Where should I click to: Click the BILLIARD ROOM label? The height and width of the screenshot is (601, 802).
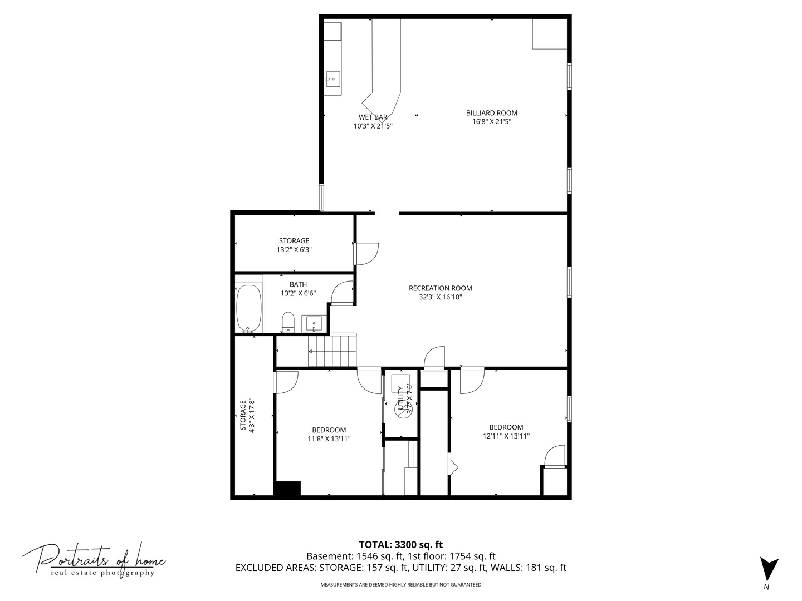point(491,113)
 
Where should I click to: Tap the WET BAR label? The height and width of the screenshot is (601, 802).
point(373,117)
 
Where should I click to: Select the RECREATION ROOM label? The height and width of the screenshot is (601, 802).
point(440,288)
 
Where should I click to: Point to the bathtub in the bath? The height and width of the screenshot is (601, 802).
point(248,309)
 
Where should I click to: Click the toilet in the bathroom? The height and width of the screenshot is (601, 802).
point(287,322)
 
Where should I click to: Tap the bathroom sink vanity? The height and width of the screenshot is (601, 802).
point(314,323)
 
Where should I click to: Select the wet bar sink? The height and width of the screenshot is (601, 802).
point(333,79)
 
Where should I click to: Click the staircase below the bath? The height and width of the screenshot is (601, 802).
point(332,351)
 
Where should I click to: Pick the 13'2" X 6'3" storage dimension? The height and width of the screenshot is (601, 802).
point(294,250)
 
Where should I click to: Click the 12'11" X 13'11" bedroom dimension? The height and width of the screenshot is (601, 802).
point(506,436)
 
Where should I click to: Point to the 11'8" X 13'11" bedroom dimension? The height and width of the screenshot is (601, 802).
point(329,439)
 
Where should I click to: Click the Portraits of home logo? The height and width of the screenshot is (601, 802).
point(94,559)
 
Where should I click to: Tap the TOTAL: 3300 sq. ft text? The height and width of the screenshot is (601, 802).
point(400,545)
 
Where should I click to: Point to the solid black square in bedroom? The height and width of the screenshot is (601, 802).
point(287,488)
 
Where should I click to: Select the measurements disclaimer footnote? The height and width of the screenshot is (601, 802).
point(400,585)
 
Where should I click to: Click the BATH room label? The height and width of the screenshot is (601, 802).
point(298,284)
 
